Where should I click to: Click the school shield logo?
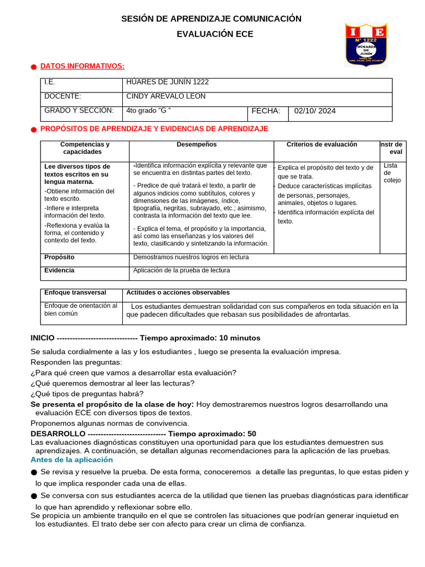tap(366, 45)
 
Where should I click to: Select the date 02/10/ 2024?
tap(315, 111)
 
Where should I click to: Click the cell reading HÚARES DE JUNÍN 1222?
tap(167, 82)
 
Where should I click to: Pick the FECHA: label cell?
tap(266, 111)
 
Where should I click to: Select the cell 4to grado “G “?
tap(148, 111)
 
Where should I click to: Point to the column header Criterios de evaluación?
tap(322, 145)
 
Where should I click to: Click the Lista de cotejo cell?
tap(392, 173)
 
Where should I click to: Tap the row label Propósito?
tap(59, 257)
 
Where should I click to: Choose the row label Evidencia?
tap(59, 271)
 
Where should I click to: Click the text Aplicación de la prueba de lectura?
tap(182, 271)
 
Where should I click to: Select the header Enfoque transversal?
tap(75, 293)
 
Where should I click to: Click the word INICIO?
tap(43, 338)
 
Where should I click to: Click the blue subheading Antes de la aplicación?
tap(71, 460)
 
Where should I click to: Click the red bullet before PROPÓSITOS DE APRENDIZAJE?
tap(34, 130)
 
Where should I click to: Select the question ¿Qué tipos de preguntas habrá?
tap(87, 394)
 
